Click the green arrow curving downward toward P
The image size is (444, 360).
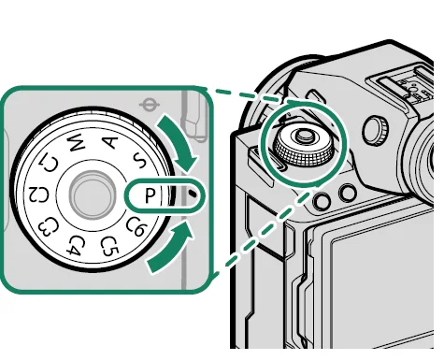click(181, 141)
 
